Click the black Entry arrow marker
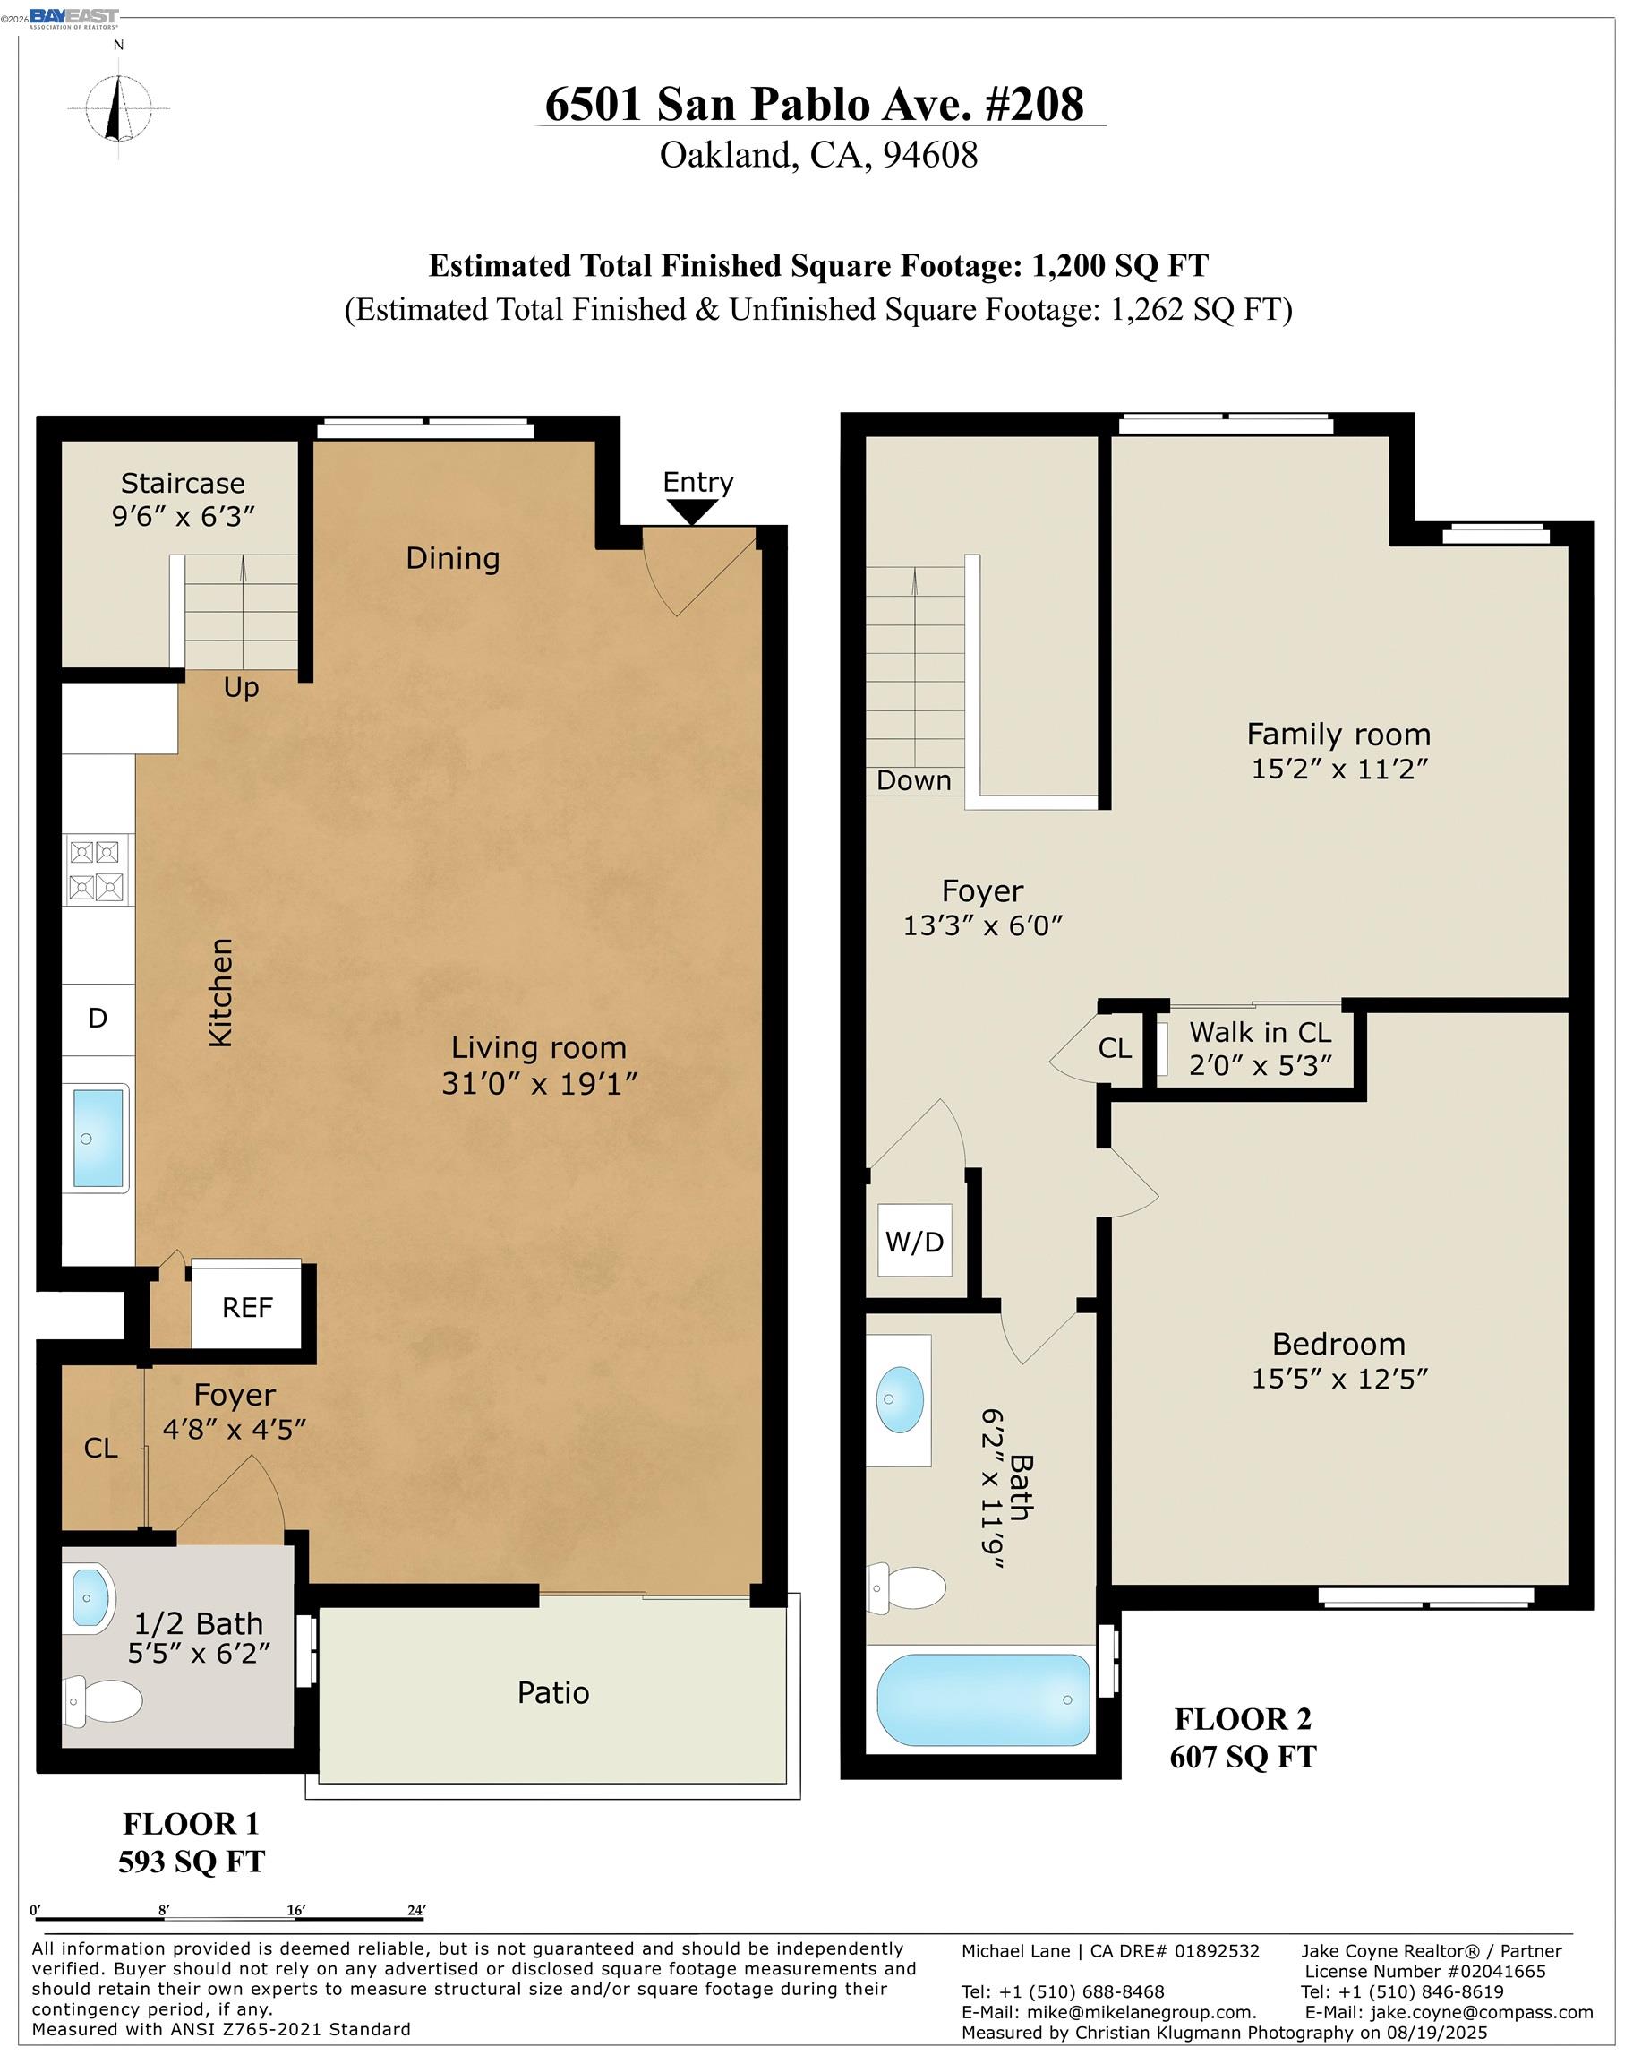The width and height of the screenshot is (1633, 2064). (692, 512)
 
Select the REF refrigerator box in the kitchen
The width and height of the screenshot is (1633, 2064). (247, 1307)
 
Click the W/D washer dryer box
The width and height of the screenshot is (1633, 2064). (915, 1242)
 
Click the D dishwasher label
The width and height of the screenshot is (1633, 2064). (98, 1018)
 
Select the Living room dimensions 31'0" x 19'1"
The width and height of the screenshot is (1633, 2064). (539, 1084)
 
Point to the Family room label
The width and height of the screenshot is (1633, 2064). (1338, 735)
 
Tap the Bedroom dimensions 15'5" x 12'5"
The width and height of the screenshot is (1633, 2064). (1339, 1378)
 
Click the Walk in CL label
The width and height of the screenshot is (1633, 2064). (1261, 1033)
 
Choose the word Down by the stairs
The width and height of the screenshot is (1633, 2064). (914, 780)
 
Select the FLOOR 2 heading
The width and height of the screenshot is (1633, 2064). (1243, 1719)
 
